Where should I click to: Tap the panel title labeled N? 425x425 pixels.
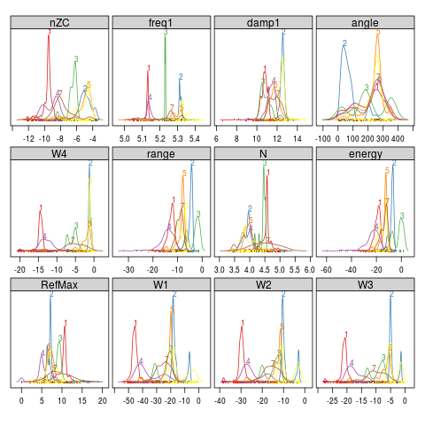click(x=264, y=153)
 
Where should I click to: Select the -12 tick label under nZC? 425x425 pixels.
click(x=28, y=139)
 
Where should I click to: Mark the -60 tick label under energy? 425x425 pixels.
click(x=325, y=269)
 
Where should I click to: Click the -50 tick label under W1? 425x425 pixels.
click(x=129, y=400)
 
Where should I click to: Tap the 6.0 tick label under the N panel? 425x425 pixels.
click(x=310, y=269)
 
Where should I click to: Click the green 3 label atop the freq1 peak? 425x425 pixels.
click(x=166, y=32)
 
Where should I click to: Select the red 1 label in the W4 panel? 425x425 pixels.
click(x=41, y=209)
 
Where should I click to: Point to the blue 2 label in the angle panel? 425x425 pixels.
click(x=344, y=43)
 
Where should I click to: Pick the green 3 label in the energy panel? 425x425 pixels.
click(x=402, y=215)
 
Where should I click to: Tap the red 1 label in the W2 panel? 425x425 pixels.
click(x=242, y=332)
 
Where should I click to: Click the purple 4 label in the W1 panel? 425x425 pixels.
click(x=142, y=361)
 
